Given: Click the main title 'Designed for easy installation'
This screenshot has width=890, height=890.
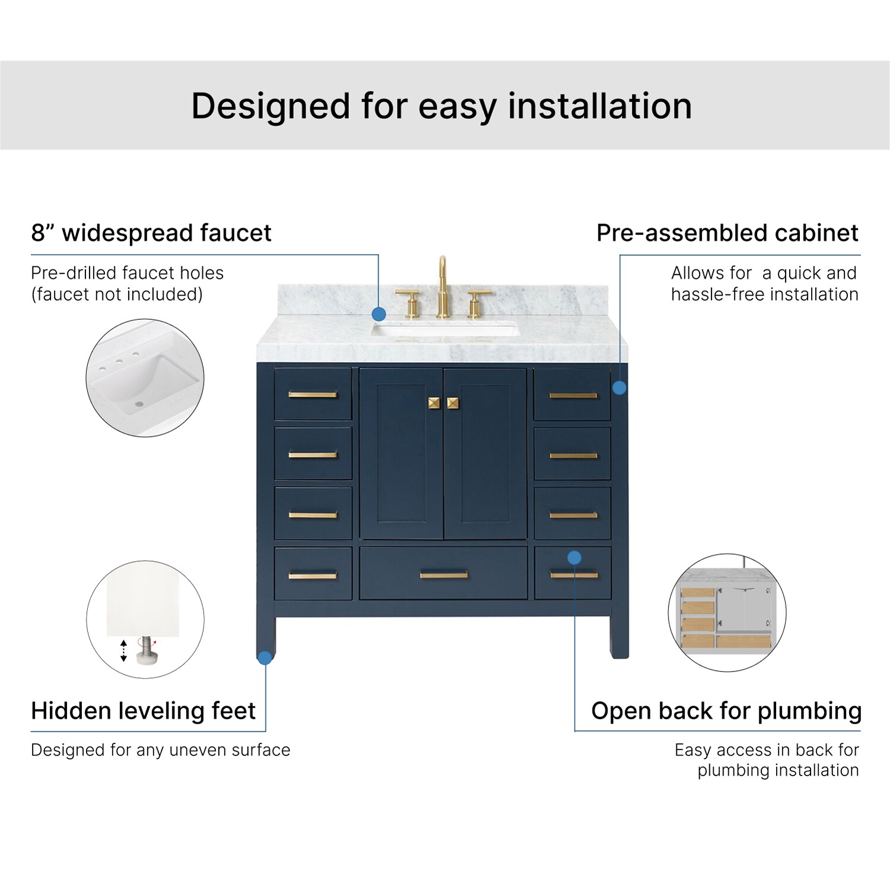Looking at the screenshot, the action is [441, 107].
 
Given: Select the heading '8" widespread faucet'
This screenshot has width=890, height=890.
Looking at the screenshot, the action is [151, 233].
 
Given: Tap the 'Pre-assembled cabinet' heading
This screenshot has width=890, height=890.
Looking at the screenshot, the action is [727, 233].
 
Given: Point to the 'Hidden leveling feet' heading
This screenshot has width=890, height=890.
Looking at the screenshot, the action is [143, 710].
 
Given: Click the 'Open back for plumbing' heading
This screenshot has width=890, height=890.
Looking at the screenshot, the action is [726, 711].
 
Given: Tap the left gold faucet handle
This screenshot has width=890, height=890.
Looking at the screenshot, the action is [409, 303].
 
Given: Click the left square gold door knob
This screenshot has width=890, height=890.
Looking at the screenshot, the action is [434, 403].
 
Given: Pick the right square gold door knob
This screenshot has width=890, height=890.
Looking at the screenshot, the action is [453, 403].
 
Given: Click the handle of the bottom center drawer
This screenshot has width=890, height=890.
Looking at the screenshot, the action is [444, 574].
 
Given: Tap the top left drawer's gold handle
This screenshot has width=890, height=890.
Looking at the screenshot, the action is [313, 395].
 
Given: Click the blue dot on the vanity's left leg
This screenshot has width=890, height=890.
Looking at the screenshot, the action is [265, 657].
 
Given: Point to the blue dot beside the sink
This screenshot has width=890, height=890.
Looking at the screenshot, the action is [379, 314].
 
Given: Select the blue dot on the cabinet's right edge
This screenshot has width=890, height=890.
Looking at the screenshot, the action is [619, 387].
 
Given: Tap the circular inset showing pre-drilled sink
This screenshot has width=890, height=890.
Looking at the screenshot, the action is [145, 378].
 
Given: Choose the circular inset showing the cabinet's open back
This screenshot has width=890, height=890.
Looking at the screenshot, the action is [727, 613].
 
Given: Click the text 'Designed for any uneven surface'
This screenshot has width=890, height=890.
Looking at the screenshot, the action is [161, 750].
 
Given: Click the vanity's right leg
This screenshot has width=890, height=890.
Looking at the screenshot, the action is [619, 637].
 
